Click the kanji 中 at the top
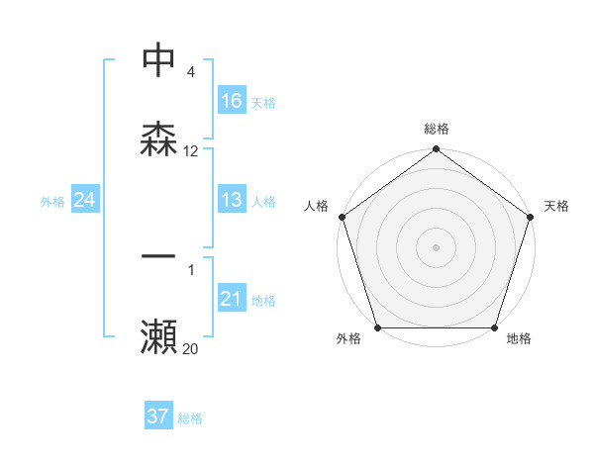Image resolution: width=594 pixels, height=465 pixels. [158, 59]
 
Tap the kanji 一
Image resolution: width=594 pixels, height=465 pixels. [158, 257]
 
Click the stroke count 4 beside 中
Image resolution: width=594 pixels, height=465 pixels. [190, 71]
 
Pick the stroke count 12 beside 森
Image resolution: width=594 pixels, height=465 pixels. [191, 151]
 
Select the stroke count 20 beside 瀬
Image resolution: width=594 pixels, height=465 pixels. [191, 348]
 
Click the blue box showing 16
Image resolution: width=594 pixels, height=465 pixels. [232, 101]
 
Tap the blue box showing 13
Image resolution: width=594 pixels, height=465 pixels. [232, 200]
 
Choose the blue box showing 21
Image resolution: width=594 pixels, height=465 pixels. [232, 299]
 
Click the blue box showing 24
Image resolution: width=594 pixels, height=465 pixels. [85, 201]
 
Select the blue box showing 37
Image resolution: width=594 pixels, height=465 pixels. [158, 417]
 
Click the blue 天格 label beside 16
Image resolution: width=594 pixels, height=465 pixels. [263, 102]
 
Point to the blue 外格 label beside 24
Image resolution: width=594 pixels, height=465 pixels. [52, 202]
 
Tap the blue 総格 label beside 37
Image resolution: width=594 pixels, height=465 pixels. [190, 418]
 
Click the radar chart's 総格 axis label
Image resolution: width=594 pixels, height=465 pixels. [437, 129]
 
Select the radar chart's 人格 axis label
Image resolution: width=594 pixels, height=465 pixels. [316, 206]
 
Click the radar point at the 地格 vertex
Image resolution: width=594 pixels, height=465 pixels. [495, 327]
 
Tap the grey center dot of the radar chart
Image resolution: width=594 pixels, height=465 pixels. [437, 246]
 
